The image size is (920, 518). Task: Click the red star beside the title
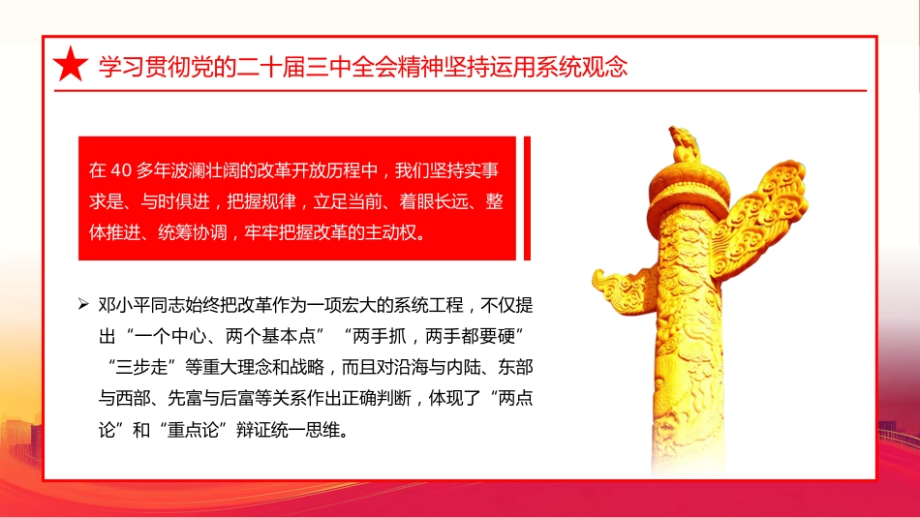pos(70,65)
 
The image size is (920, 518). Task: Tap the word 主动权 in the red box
pos(396,233)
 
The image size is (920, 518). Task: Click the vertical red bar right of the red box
pos(527,198)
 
